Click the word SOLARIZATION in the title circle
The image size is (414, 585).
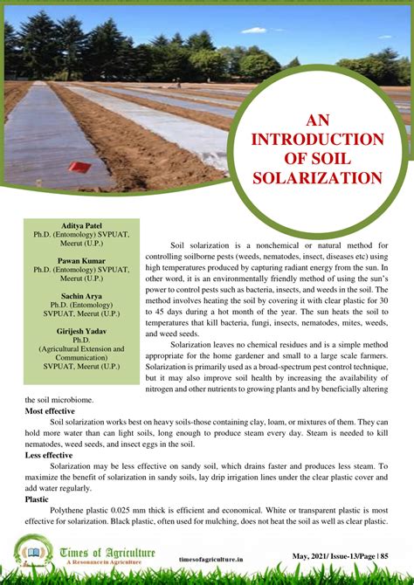pos(317,178)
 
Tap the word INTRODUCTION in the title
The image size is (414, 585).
pos(317,140)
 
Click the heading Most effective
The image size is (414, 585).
pos(50,410)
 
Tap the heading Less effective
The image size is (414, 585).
pos(49,455)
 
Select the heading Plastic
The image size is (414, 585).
pos(37,499)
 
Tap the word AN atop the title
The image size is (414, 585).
pos(317,120)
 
